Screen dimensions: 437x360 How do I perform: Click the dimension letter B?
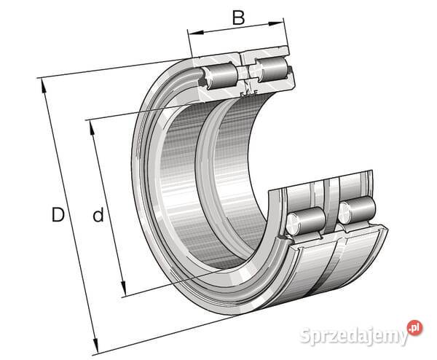[239, 17]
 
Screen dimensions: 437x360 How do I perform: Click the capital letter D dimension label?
[58, 214]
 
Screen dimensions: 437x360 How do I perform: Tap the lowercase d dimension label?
[98, 214]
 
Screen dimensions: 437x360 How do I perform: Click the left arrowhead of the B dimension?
[196, 33]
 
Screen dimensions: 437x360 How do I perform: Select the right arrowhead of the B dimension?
[275, 24]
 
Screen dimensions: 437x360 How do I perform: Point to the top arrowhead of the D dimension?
[44, 86]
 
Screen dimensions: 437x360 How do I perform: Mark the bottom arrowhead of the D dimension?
[95, 345]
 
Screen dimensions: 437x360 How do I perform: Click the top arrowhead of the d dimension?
[92, 128]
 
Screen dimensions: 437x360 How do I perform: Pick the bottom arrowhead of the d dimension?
[123, 288]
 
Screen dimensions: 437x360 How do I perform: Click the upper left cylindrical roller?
[220, 76]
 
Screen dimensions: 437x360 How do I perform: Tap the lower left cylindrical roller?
[306, 221]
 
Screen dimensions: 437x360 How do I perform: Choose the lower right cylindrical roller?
[357, 211]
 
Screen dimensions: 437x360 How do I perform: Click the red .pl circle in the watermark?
[414, 328]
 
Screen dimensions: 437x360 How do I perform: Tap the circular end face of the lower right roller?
[345, 214]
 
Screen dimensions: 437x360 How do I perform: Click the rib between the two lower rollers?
[331, 206]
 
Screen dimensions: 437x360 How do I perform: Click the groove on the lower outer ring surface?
[326, 268]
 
